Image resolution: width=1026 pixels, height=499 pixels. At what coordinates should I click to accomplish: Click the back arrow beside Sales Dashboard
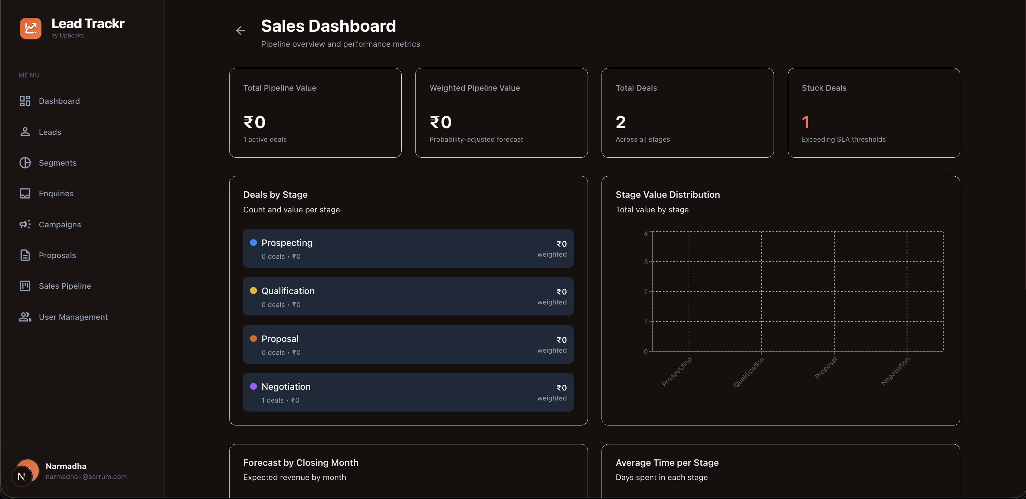pos(240,31)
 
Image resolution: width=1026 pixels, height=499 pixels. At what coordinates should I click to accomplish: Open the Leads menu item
pos(50,132)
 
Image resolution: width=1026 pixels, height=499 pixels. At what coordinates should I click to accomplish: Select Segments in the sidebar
pos(57,163)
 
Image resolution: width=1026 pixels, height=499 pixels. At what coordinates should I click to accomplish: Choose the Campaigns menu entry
pos(60,225)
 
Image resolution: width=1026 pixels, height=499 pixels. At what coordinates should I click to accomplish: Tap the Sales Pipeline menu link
pos(65,286)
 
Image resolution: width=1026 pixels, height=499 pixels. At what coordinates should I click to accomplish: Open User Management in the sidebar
pos(73,317)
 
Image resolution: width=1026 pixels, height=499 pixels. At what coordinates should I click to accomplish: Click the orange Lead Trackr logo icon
pos(31,28)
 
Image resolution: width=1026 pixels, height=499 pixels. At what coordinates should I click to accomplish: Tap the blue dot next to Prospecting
pos(253,242)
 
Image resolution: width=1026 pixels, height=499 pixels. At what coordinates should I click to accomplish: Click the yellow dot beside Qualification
pos(253,291)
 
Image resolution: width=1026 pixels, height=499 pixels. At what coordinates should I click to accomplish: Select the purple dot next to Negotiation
pos(253,386)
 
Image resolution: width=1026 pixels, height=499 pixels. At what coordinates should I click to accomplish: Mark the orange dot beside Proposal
pos(253,338)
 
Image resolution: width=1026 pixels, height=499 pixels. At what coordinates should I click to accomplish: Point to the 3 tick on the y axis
pos(646,262)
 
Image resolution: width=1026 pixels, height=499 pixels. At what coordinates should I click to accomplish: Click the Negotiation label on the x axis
pos(895,371)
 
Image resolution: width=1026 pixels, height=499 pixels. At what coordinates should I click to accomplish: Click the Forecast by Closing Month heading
pos(301,463)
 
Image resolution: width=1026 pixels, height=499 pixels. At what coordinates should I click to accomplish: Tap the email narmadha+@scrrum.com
pos(86,477)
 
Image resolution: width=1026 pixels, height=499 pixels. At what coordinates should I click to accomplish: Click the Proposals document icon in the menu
pos(25,255)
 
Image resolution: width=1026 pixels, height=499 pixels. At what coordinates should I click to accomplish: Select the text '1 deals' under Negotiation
pos(272,400)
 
